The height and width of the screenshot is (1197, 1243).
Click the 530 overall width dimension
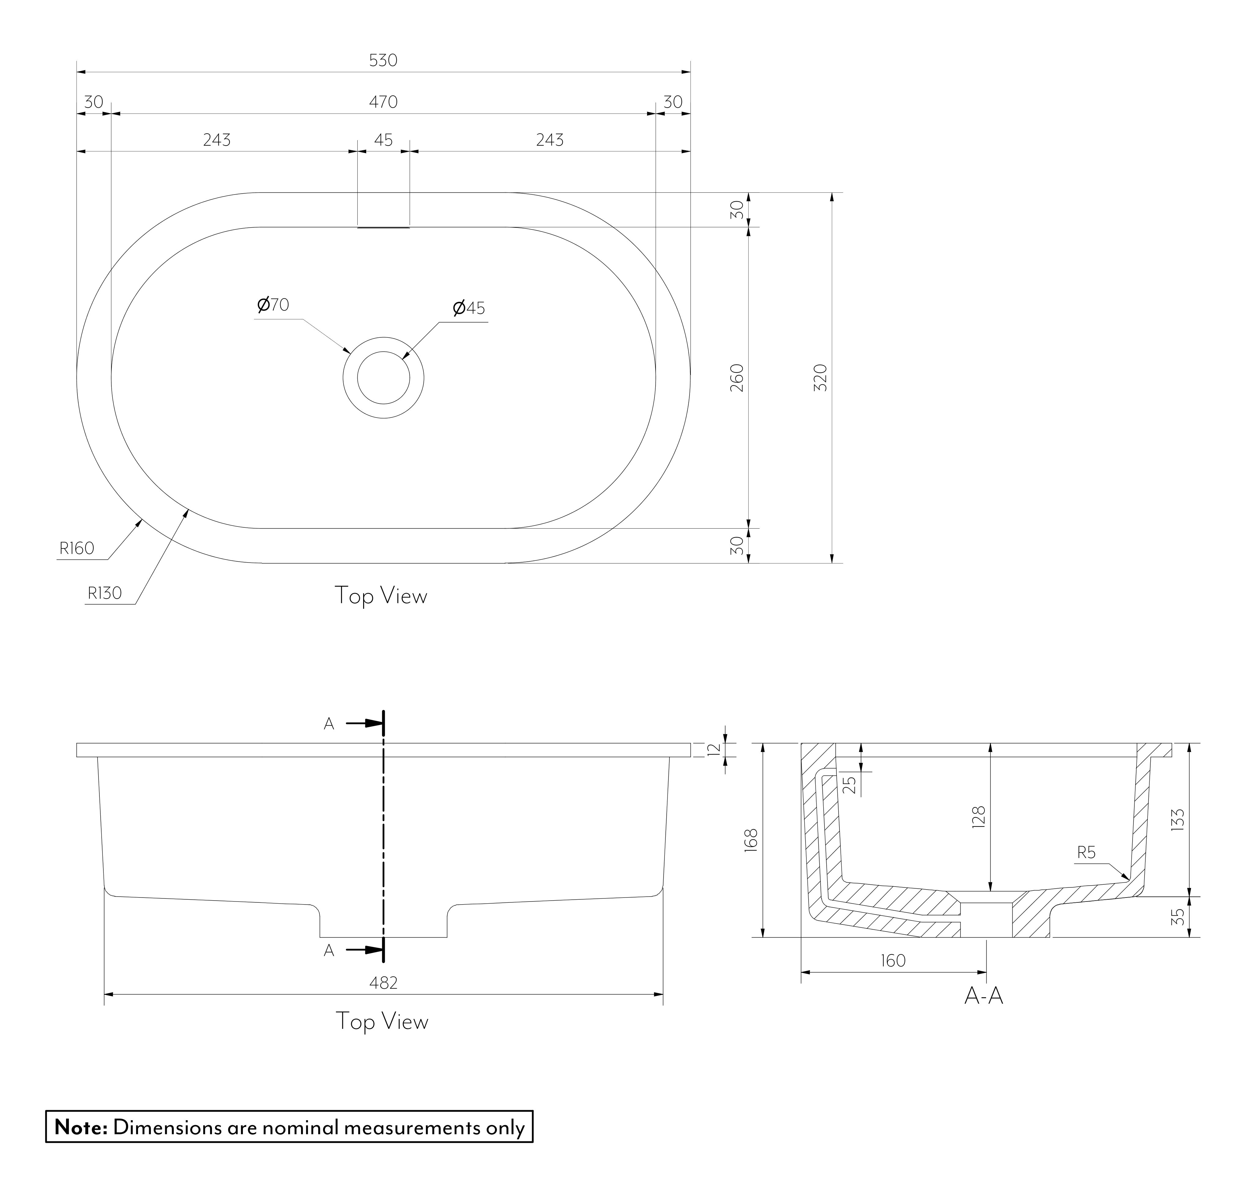pos(383,60)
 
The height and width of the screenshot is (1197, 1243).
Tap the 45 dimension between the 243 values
pos(383,139)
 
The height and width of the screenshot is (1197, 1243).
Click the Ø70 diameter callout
pos(273,305)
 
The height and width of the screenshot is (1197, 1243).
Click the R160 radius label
pos(77,548)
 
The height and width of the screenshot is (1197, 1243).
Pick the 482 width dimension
pos(383,983)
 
